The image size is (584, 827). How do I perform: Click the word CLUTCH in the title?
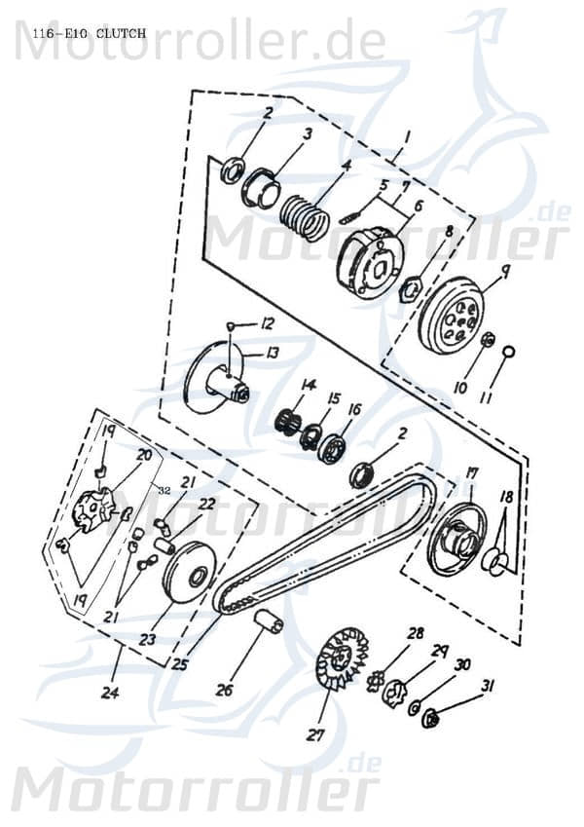pos(122,33)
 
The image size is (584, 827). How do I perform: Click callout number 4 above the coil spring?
pos(317,167)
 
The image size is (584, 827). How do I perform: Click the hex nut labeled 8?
pos(411,288)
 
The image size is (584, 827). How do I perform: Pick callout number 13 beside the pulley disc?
pos(273,353)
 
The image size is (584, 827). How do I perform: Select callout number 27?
pos(314,735)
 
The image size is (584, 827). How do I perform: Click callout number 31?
pos(488,687)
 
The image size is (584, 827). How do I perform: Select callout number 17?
pos(472,473)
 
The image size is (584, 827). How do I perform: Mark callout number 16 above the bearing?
pos(351,410)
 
